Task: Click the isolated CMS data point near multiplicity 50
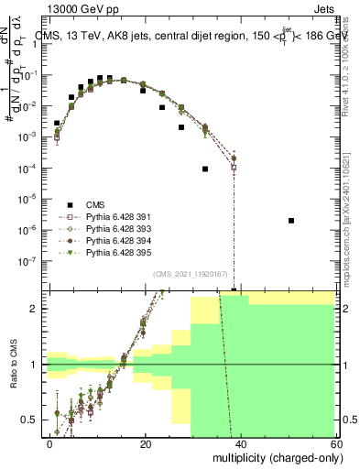[291, 221]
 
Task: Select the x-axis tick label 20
[146, 443]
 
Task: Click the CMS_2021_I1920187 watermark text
[191, 274]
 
